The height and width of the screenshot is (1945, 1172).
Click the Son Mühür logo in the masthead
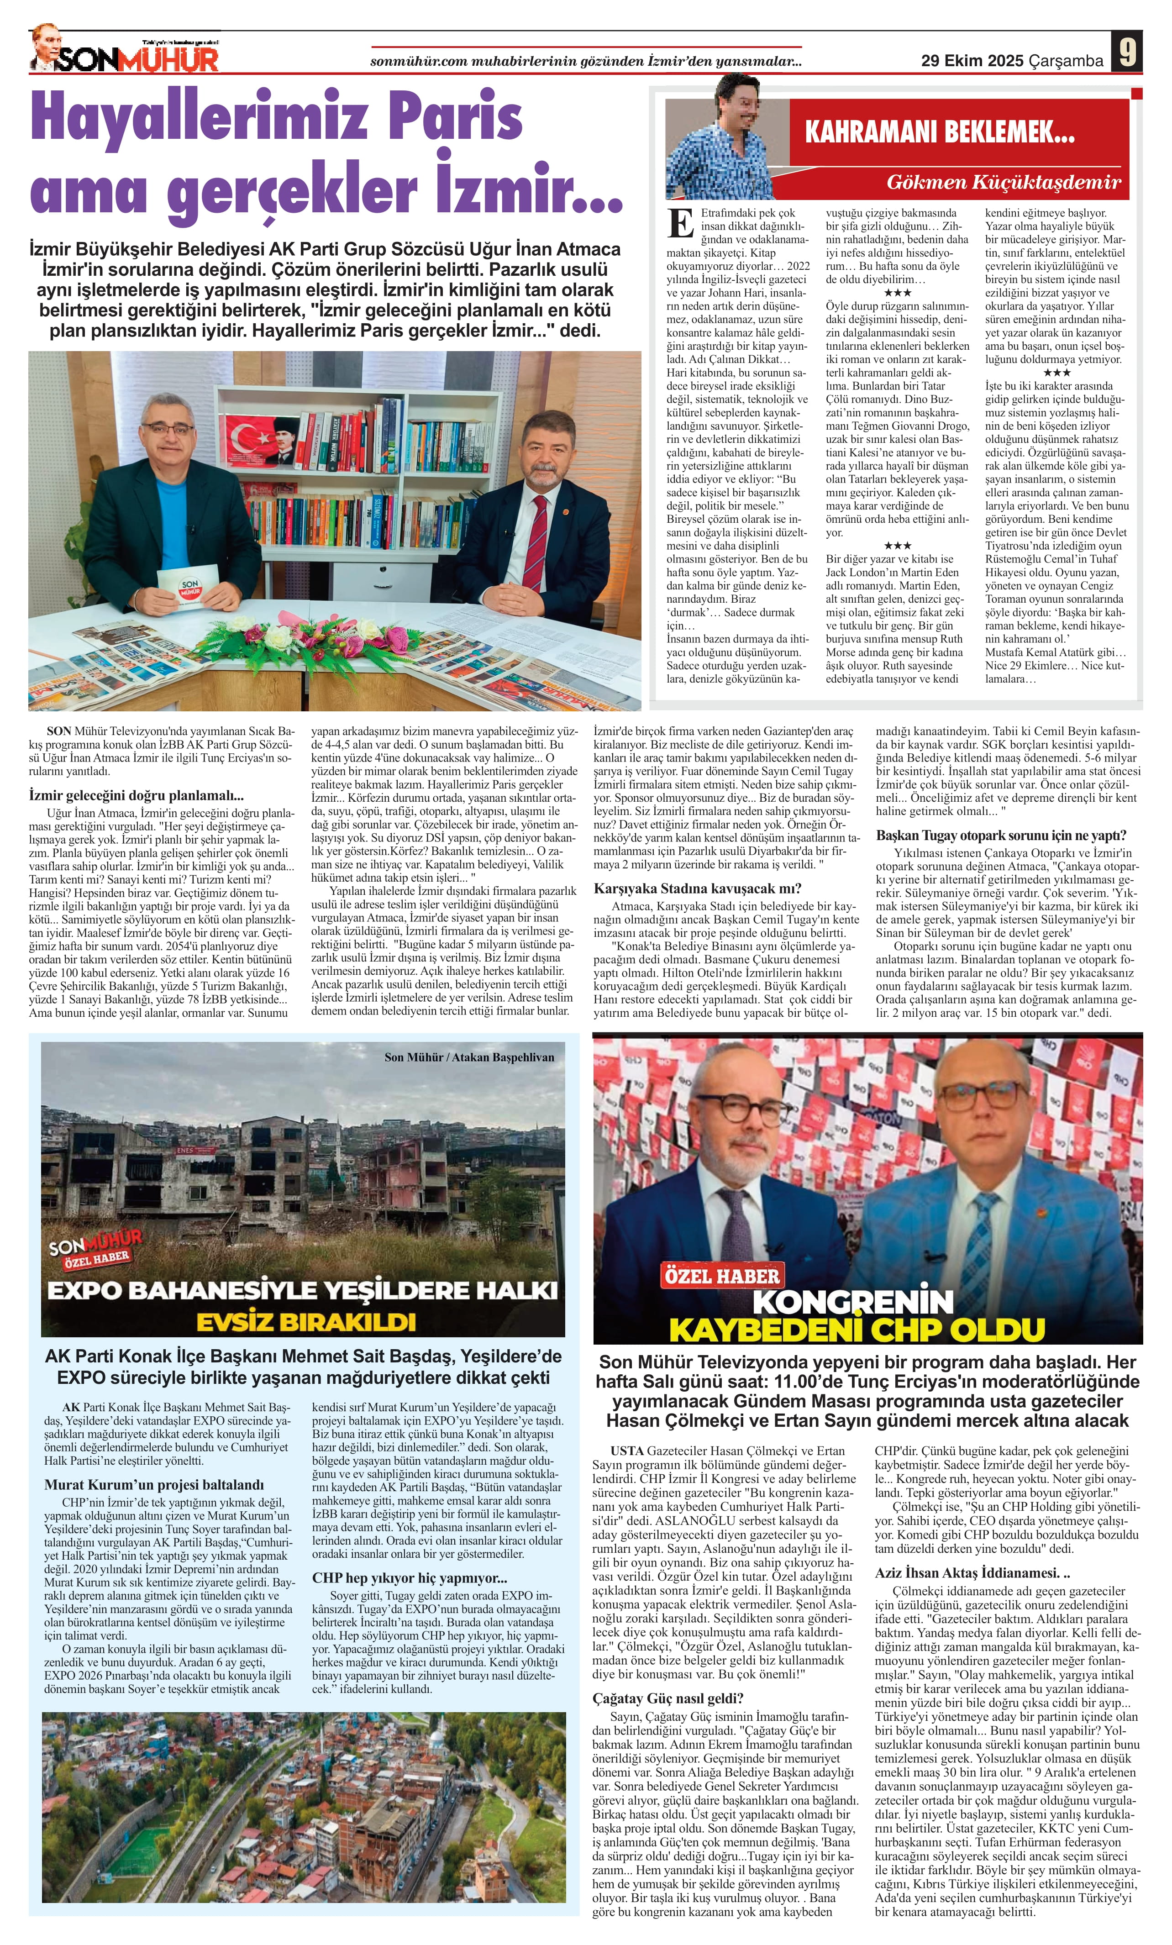pos(126,55)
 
